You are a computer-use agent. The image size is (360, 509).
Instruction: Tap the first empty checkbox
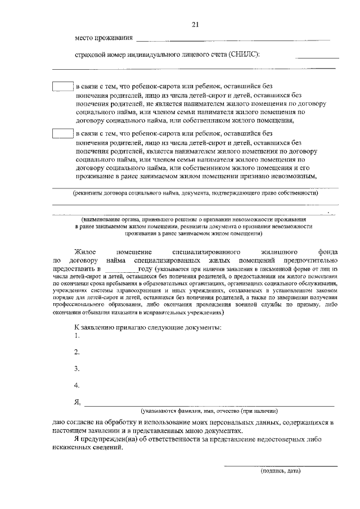click(63, 87)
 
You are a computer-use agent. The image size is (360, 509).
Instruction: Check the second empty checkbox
click(63, 134)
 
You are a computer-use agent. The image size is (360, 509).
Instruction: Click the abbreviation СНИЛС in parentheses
click(244, 55)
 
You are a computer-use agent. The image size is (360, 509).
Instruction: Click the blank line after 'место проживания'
click(233, 40)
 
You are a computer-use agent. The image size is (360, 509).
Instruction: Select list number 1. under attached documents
click(77, 336)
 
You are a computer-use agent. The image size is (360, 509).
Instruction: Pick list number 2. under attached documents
click(77, 353)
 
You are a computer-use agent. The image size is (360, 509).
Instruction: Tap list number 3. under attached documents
click(77, 370)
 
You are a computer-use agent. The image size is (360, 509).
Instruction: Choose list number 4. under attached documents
click(77, 386)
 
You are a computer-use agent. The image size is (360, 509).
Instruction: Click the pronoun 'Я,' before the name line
click(77, 403)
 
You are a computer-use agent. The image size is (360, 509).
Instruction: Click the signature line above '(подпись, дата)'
click(281, 465)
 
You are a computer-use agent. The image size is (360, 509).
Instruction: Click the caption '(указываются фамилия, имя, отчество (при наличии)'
click(209, 411)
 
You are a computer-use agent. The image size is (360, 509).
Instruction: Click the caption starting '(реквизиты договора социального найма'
click(195, 194)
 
